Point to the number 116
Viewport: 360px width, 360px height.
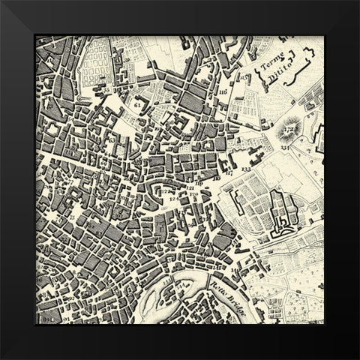point(223,91)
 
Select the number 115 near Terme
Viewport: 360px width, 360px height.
point(242,78)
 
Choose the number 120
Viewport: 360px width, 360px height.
point(194,194)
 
